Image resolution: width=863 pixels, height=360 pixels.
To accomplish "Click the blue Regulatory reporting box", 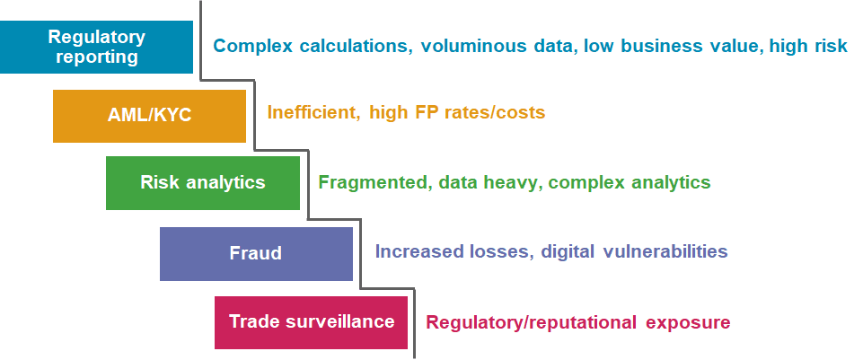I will pos(96,47).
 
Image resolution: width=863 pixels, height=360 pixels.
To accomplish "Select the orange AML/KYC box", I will pos(149,116).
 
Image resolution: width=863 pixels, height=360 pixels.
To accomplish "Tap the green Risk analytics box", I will pos(202,182).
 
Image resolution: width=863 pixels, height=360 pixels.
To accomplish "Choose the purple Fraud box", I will pos(256,253).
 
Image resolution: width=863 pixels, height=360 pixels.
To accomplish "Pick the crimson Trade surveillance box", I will pos(311,321).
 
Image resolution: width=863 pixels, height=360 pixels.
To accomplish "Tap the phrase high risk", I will pos(808,46).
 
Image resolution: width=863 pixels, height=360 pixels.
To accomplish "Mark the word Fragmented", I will pos(373,182).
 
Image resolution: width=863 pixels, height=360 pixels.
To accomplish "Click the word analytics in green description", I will pos(665,182).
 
